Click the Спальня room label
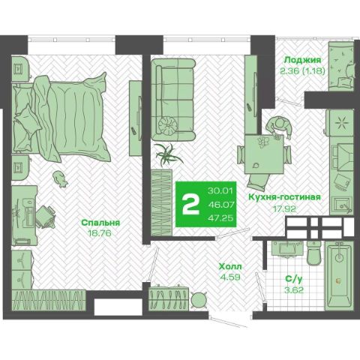pyautogui.click(x=100, y=223)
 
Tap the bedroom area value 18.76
pyautogui.click(x=100, y=233)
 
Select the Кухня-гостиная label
pyautogui.click(x=284, y=197)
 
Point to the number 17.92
pyautogui.click(x=284, y=208)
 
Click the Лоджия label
pyautogui.click(x=303, y=60)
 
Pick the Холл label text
pyautogui.click(x=230, y=266)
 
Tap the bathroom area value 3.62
pyautogui.click(x=294, y=290)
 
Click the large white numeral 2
pyautogui.click(x=191, y=205)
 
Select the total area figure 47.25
pyautogui.click(x=220, y=218)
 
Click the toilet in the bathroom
pyautogui.click(x=315, y=253)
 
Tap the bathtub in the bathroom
pyautogui.click(x=340, y=276)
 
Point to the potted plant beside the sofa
pyautogui.click(x=166, y=155)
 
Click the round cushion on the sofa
pyautogui.click(x=168, y=125)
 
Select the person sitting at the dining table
pyautogui.click(x=278, y=127)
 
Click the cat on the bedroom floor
pyautogui.click(x=60, y=178)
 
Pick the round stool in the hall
pyautogui.click(x=199, y=300)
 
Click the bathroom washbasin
pyautogui.click(x=287, y=248)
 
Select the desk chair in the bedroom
pyautogui.click(x=46, y=217)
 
